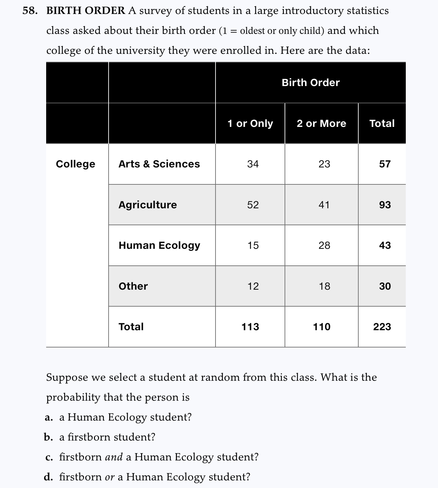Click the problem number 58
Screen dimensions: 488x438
[29, 11]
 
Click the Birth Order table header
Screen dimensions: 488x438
[310, 82]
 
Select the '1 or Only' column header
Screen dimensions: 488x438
[250, 124]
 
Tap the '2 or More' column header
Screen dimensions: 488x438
[321, 124]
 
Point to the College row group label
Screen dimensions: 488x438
[75, 164]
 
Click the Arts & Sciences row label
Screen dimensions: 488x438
[159, 164]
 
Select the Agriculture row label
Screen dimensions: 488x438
[147, 205]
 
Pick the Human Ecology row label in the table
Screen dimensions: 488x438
[159, 245]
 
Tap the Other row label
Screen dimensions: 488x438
[133, 286]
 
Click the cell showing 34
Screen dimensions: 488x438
[253, 164]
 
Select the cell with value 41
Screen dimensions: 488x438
[324, 205]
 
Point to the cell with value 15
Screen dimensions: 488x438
[253, 245]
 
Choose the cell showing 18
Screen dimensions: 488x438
[324, 286]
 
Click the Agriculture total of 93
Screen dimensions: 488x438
[385, 205]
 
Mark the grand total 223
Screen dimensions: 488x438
[382, 327]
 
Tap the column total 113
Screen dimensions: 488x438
[250, 327]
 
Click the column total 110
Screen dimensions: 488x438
[321, 327]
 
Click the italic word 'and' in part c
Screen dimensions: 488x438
[114, 457]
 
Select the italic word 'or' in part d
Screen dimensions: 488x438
[110, 477]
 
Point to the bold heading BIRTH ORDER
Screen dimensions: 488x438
[86, 11]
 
